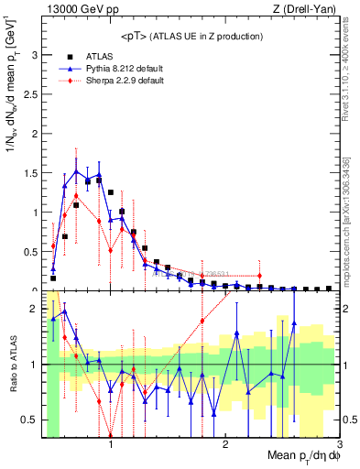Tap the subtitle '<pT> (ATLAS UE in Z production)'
(192, 36)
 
